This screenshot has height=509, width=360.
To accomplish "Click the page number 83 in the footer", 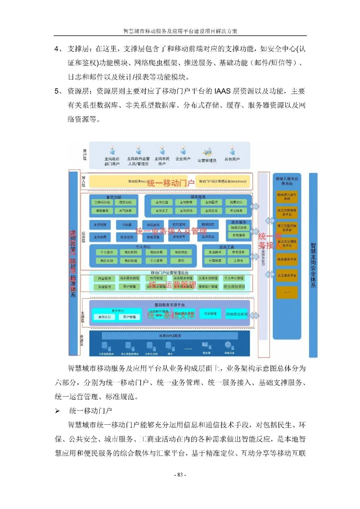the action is coord(180,475).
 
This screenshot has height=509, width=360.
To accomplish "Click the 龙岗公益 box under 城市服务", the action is coord(162,202).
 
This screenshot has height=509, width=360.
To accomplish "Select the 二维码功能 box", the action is coord(102,202).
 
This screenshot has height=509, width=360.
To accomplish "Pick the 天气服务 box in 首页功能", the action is coord(125,211).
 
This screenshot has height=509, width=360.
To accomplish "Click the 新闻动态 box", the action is coord(208,225).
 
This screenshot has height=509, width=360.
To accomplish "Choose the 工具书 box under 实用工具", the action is coord(238,261).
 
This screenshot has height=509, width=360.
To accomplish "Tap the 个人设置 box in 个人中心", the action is coord(156,261).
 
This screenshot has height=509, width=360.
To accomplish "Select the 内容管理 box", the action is coord(104,278).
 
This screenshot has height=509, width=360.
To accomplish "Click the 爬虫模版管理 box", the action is coord(234,287).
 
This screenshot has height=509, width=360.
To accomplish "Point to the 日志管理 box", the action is coord(210,314).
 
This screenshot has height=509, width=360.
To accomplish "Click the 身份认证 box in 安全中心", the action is coord(104,317).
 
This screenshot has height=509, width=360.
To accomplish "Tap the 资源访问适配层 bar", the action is coord(170,336).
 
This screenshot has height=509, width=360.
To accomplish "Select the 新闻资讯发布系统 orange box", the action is coord(287,197).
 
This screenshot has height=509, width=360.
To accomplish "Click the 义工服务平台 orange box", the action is coord(287,276).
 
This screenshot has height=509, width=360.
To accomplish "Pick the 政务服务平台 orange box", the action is coord(287,259).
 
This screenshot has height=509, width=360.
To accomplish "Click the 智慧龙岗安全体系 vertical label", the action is coord(313,265).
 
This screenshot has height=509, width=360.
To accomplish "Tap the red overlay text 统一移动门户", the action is coord(171,183).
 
